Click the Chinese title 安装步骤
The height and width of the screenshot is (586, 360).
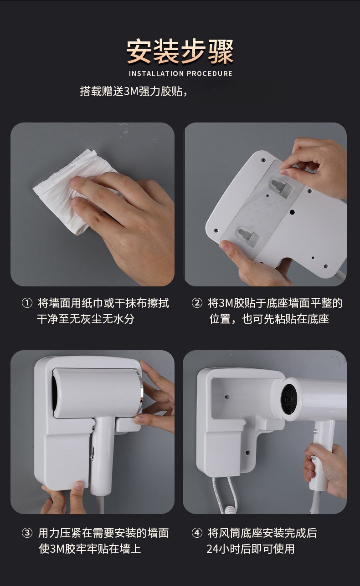coord(180,52)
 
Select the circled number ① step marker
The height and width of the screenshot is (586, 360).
coord(27,303)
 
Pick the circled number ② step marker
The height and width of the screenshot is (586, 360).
coord(197,303)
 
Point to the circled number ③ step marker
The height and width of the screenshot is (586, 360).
coord(27,533)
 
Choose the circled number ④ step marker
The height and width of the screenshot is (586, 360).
coord(197,533)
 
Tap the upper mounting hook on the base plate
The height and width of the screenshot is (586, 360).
coord(279,186)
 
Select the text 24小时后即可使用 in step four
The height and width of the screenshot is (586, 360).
coord(251,549)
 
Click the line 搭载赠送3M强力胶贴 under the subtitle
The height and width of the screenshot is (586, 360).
coord(134,92)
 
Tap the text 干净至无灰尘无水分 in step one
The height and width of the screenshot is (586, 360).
coord(86,319)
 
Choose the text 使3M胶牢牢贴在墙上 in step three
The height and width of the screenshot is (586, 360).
coord(90,549)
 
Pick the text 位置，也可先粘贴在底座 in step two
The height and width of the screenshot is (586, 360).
coord(269,319)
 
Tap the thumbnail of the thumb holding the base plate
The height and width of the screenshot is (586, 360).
coord(225,245)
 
